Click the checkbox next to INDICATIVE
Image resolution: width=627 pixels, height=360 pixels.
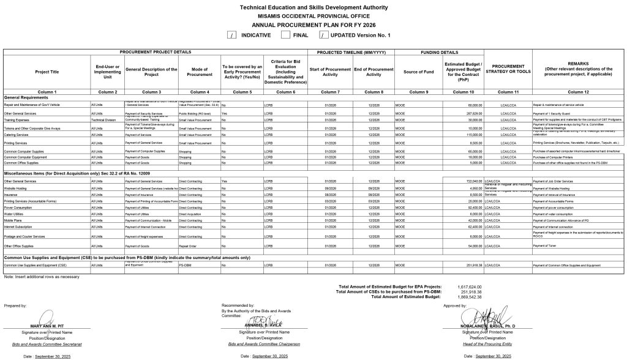click(231, 35)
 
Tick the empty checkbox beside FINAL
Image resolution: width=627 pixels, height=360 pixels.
click(285, 35)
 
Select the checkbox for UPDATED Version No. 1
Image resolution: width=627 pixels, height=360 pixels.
click(324, 35)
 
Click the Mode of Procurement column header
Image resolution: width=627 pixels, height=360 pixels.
click(200, 72)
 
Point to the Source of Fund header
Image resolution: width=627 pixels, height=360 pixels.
click(419, 72)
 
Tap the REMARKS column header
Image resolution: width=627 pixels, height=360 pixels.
click(579, 69)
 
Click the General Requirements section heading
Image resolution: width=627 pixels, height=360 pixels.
click(26, 97)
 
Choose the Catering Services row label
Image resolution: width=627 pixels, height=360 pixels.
click(17, 135)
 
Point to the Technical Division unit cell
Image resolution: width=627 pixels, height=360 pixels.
click(103, 121)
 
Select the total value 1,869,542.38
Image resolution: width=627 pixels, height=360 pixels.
click(469, 297)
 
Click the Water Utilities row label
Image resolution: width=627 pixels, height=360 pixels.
click(15, 214)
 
